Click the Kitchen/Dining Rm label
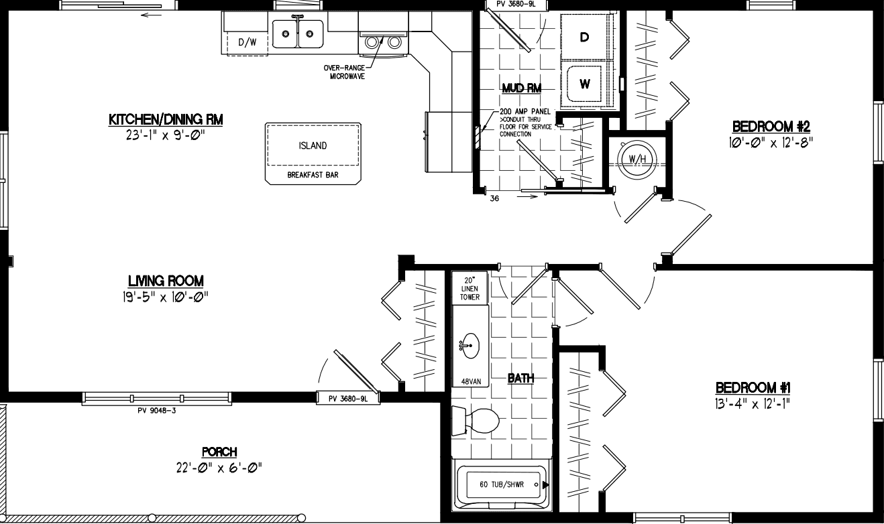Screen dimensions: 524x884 point(165,120)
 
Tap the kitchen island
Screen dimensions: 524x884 point(313,146)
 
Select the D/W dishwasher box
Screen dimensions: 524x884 point(247,42)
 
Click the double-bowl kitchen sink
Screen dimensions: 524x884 point(298,32)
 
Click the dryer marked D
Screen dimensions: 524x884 point(585,37)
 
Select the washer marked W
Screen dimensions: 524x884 point(585,84)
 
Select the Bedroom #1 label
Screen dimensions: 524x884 point(754,387)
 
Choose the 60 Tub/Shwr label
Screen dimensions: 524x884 point(502,484)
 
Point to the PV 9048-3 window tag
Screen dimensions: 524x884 point(156,409)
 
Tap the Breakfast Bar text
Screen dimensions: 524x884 point(313,175)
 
